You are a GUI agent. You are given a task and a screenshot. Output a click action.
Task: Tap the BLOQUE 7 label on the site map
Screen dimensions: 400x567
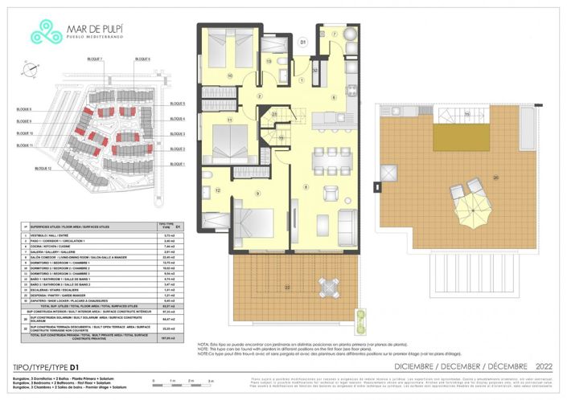click(x=96, y=59)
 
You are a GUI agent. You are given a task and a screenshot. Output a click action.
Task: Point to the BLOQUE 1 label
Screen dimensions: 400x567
click(x=178, y=164)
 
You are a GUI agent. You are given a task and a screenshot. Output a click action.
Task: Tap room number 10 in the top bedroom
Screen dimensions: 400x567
click(x=230, y=76)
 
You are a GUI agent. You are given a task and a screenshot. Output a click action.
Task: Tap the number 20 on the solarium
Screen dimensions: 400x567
click(x=495, y=177)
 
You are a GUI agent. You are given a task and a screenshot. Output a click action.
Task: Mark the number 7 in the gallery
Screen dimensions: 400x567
click(x=332, y=35)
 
